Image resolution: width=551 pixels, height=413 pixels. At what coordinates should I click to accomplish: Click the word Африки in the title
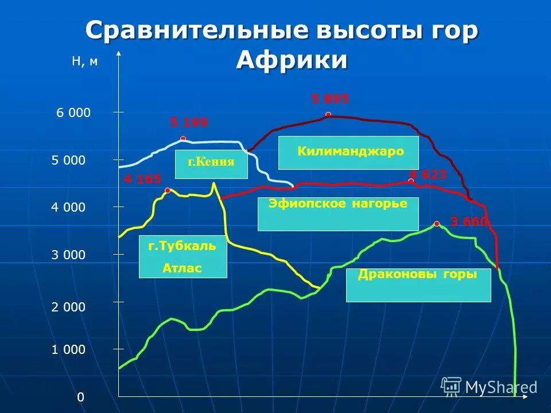pyautogui.click(x=292, y=60)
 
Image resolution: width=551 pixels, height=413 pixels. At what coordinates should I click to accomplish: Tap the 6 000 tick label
pyautogui.click(x=73, y=113)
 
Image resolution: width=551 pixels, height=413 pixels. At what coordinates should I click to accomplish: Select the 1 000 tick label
pyautogui.click(x=68, y=349)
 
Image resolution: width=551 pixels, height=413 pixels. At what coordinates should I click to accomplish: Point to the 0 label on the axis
pyautogui.click(x=81, y=397)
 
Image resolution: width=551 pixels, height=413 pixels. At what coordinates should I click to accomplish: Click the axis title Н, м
pyautogui.click(x=84, y=63)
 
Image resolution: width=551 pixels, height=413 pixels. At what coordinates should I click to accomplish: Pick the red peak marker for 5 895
pyautogui.click(x=328, y=115)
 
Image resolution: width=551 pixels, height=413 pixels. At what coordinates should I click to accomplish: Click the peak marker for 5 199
pyautogui.click(x=183, y=139)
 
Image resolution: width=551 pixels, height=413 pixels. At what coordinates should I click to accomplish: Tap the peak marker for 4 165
pyautogui.click(x=168, y=190)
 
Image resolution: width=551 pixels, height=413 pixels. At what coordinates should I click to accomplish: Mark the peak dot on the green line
pyautogui.click(x=437, y=224)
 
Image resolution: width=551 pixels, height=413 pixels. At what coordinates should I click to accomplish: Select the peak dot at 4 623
pyautogui.click(x=411, y=181)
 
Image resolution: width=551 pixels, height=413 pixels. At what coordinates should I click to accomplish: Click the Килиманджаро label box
pyautogui.click(x=349, y=153)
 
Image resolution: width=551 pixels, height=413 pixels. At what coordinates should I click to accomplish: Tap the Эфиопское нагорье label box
pyautogui.click(x=338, y=214)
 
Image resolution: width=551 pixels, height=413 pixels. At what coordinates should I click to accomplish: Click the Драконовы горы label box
pyautogui.click(x=418, y=285)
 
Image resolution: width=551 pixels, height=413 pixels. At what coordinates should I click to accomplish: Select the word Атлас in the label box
pyautogui.click(x=183, y=268)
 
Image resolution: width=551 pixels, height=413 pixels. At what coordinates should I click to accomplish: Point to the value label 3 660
pyautogui.click(x=469, y=221)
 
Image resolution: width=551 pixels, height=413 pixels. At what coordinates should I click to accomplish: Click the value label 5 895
pyautogui.click(x=330, y=99)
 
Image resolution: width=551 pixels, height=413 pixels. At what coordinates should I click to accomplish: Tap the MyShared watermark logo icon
pyautogui.click(x=452, y=386)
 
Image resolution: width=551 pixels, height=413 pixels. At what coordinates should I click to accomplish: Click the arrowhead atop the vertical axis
pyautogui.click(x=119, y=54)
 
